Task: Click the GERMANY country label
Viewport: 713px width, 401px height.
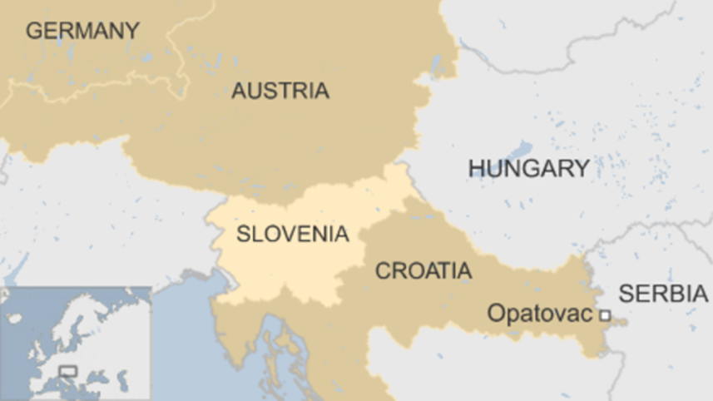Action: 82,31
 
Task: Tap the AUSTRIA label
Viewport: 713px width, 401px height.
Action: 280,91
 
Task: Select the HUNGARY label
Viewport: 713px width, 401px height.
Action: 528,168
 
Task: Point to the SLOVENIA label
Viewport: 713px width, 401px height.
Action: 292,234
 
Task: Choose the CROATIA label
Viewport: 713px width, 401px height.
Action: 423,270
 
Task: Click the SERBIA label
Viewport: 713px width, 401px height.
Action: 663,293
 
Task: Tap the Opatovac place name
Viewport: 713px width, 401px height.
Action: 539,314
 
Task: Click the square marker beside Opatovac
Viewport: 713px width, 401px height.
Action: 605,314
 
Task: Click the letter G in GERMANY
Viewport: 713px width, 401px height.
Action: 34,31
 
